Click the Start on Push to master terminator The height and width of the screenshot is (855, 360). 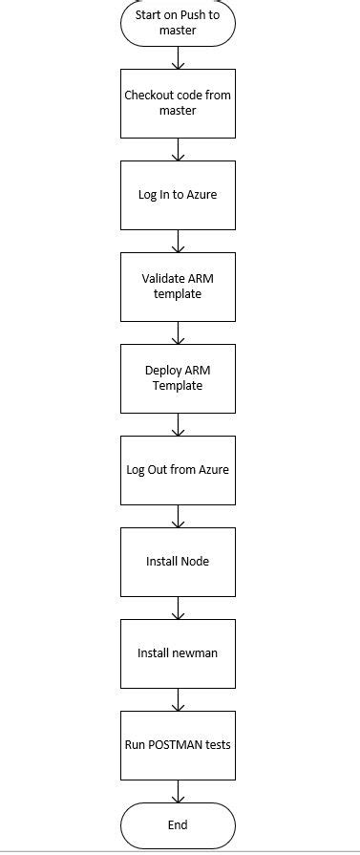[x=178, y=23]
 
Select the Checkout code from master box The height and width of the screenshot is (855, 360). [x=178, y=103]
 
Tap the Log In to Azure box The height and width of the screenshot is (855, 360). [x=178, y=195]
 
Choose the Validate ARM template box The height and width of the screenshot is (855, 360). [x=178, y=287]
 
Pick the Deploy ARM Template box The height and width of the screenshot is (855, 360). [x=178, y=378]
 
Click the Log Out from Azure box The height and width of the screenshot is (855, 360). [x=178, y=470]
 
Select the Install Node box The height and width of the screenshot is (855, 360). [x=178, y=562]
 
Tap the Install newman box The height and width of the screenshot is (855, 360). [x=178, y=653]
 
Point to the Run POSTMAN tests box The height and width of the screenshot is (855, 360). [x=178, y=745]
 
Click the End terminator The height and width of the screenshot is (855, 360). [x=178, y=825]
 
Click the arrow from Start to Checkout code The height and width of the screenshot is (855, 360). [x=178, y=57]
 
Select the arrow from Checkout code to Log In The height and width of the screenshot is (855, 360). [x=178, y=149]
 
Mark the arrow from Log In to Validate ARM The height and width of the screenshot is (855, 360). [x=178, y=241]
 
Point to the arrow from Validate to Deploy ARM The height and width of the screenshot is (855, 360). [x=178, y=332]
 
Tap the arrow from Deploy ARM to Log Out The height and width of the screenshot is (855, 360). [x=178, y=424]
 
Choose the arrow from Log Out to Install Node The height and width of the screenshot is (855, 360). [x=178, y=516]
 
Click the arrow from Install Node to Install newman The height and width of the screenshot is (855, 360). [x=178, y=608]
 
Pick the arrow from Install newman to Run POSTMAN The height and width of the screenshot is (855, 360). [x=178, y=699]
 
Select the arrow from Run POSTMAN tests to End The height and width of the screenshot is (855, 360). [x=178, y=790]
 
